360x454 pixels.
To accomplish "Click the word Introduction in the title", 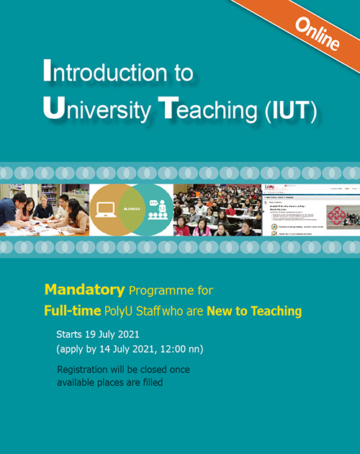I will (x=118, y=73).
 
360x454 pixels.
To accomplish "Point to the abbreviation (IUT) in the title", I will (x=291, y=111).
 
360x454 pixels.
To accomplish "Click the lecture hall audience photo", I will (x=216, y=210).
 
